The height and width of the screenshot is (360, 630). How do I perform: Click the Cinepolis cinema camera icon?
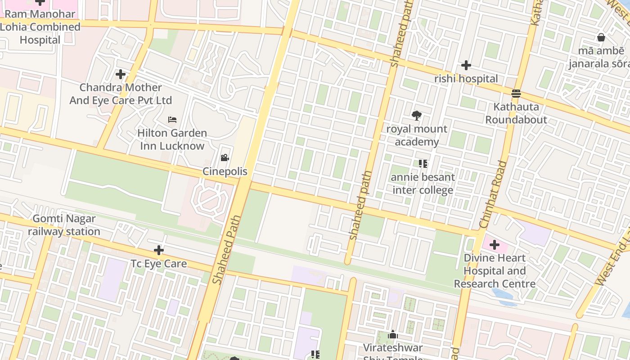tap(225, 157)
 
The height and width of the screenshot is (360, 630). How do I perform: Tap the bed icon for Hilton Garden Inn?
tap(172, 119)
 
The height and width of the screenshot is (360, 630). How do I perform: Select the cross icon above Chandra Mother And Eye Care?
tap(120, 74)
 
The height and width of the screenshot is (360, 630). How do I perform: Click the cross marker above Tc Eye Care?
tap(158, 250)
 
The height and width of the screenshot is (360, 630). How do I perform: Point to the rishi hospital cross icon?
tap(466, 65)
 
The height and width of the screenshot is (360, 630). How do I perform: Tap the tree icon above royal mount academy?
tap(417, 116)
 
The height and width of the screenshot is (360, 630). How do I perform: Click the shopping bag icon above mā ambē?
tap(601, 37)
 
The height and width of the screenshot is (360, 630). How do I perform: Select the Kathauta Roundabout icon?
tap(516, 94)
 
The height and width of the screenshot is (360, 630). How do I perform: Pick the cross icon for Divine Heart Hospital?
tap(494, 245)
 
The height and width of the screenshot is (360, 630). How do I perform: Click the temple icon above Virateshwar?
tap(393, 334)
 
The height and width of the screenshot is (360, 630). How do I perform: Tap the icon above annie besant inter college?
tap(423, 164)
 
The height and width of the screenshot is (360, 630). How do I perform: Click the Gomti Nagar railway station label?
tap(64, 225)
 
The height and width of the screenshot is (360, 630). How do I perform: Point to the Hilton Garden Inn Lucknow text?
tap(172, 139)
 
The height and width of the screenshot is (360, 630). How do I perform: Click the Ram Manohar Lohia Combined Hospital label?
tap(40, 27)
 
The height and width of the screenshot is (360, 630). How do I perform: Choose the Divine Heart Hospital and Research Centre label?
tap(494, 271)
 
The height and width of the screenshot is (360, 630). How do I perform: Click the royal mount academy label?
tap(417, 135)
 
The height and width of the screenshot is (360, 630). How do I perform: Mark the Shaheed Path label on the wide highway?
tap(227, 250)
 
